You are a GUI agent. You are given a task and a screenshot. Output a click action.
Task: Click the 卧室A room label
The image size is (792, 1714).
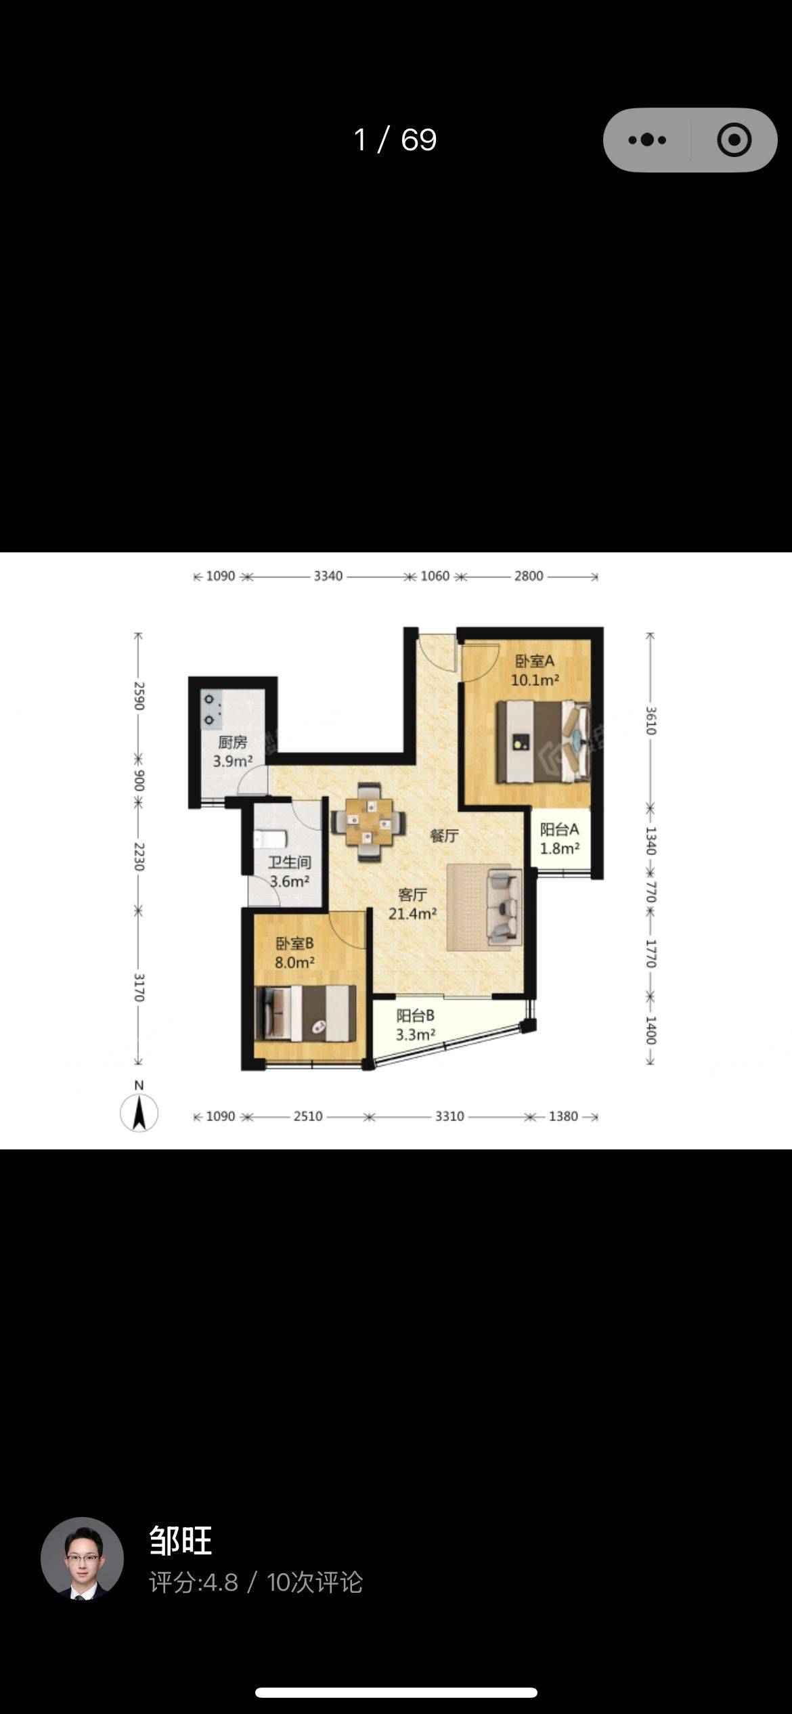[535, 661]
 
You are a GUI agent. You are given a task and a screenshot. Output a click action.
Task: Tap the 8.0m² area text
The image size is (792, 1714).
[295, 962]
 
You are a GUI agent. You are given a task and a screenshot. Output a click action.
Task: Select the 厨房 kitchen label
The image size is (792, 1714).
[232, 743]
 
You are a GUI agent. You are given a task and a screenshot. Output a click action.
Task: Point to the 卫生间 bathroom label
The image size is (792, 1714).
[290, 862]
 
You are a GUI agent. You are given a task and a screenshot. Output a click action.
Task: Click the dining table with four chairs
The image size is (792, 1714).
[369, 822]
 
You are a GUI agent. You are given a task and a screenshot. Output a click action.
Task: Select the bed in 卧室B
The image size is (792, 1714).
[305, 1013]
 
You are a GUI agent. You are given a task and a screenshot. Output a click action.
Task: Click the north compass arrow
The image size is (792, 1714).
[139, 1112]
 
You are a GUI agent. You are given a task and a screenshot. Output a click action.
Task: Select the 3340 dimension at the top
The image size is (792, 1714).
[328, 576]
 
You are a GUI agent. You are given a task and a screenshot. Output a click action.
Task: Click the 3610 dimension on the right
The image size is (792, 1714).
[651, 720]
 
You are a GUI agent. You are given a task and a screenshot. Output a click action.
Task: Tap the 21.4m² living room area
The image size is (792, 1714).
[412, 914]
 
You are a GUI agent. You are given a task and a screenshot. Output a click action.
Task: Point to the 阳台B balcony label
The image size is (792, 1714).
[415, 1015]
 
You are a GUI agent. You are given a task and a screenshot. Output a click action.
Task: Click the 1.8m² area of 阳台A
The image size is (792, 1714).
[560, 848]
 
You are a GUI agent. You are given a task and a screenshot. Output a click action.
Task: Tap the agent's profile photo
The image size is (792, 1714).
[82, 1558]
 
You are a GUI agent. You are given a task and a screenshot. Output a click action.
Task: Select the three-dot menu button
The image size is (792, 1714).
[647, 140]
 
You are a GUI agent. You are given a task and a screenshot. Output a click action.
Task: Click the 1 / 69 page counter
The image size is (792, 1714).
[395, 140]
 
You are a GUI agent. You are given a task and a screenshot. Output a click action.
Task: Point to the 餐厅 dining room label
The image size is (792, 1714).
[444, 836]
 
